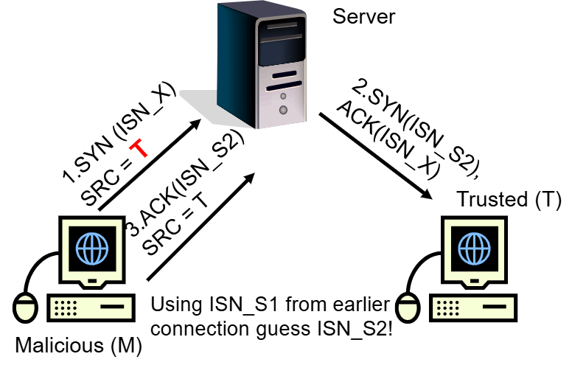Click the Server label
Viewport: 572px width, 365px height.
[x=364, y=16]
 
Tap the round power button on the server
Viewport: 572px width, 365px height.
[x=282, y=111]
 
